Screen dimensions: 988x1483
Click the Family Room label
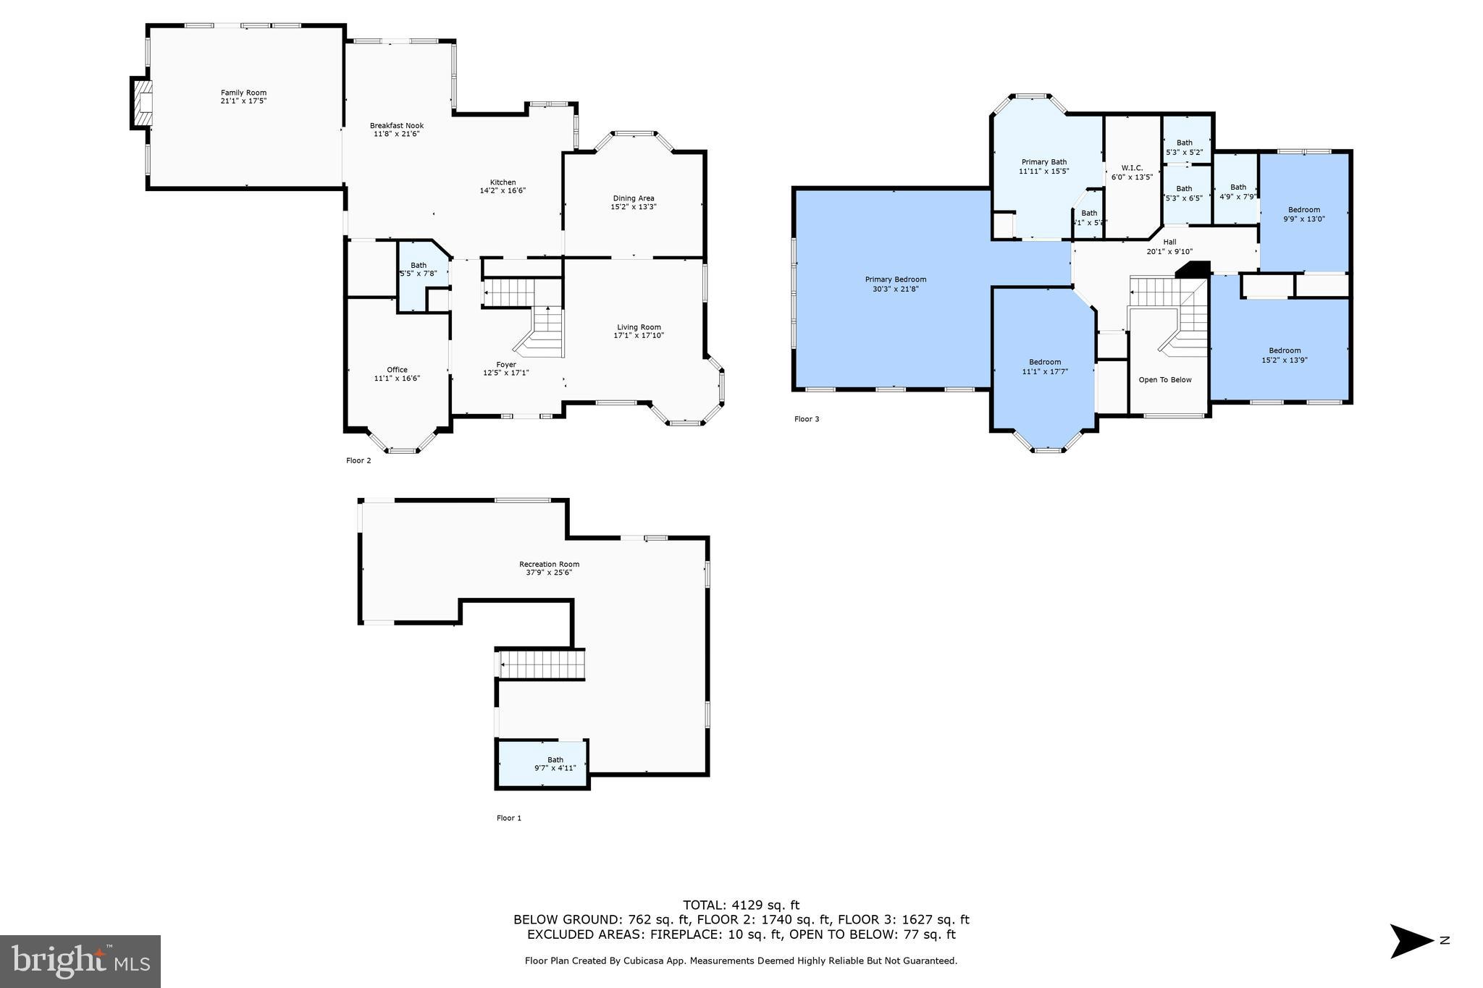pyautogui.click(x=243, y=93)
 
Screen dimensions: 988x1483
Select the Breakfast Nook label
pyautogui.click(x=396, y=126)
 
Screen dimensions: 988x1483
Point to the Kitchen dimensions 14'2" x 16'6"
pyautogui.click(x=502, y=191)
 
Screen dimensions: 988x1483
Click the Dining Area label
pyautogui.click(x=633, y=198)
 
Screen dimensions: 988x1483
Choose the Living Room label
pyautogui.click(x=638, y=327)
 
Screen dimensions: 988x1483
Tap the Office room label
pyautogui.click(x=396, y=370)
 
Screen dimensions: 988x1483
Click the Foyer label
pyautogui.click(x=505, y=365)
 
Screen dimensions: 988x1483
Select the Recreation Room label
pyautogui.click(x=549, y=565)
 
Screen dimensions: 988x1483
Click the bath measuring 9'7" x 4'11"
pyautogui.click(x=555, y=764)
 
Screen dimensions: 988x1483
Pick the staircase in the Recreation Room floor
pyautogui.click(x=542, y=664)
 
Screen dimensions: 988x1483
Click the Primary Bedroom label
pyautogui.click(x=895, y=279)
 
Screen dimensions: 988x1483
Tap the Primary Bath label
pyautogui.click(x=1043, y=162)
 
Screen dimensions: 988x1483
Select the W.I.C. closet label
pyautogui.click(x=1131, y=168)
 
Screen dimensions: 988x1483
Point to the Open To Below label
pyautogui.click(x=1164, y=379)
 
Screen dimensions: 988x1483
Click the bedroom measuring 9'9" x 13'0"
pyautogui.click(x=1303, y=214)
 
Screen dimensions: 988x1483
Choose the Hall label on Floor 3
pyautogui.click(x=1169, y=242)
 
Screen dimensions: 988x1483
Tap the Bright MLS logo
pyautogui.click(x=80, y=961)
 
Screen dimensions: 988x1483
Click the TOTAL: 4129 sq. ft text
pyautogui.click(x=741, y=905)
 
